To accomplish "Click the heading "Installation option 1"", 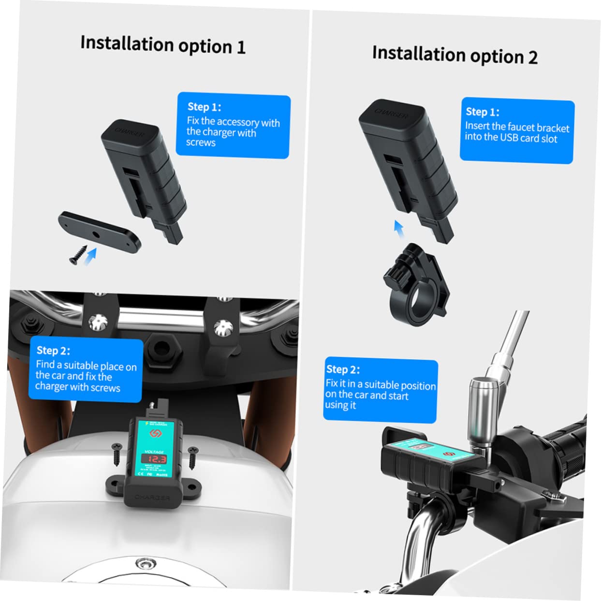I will pyautogui.click(x=163, y=44).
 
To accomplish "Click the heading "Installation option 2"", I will pyautogui.click(x=454, y=55).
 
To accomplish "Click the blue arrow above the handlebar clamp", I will pyautogui.click(x=398, y=229).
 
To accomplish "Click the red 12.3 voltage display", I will pyautogui.click(x=156, y=459).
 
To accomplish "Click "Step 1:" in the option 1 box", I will pyautogui.click(x=204, y=107).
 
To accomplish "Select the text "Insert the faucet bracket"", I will pyautogui.click(x=517, y=127).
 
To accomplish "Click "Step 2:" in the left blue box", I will pyautogui.click(x=53, y=351).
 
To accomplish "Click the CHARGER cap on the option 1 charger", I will pyautogui.click(x=130, y=132).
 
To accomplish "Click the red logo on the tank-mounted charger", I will pyautogui.click(x=156, y=433).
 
